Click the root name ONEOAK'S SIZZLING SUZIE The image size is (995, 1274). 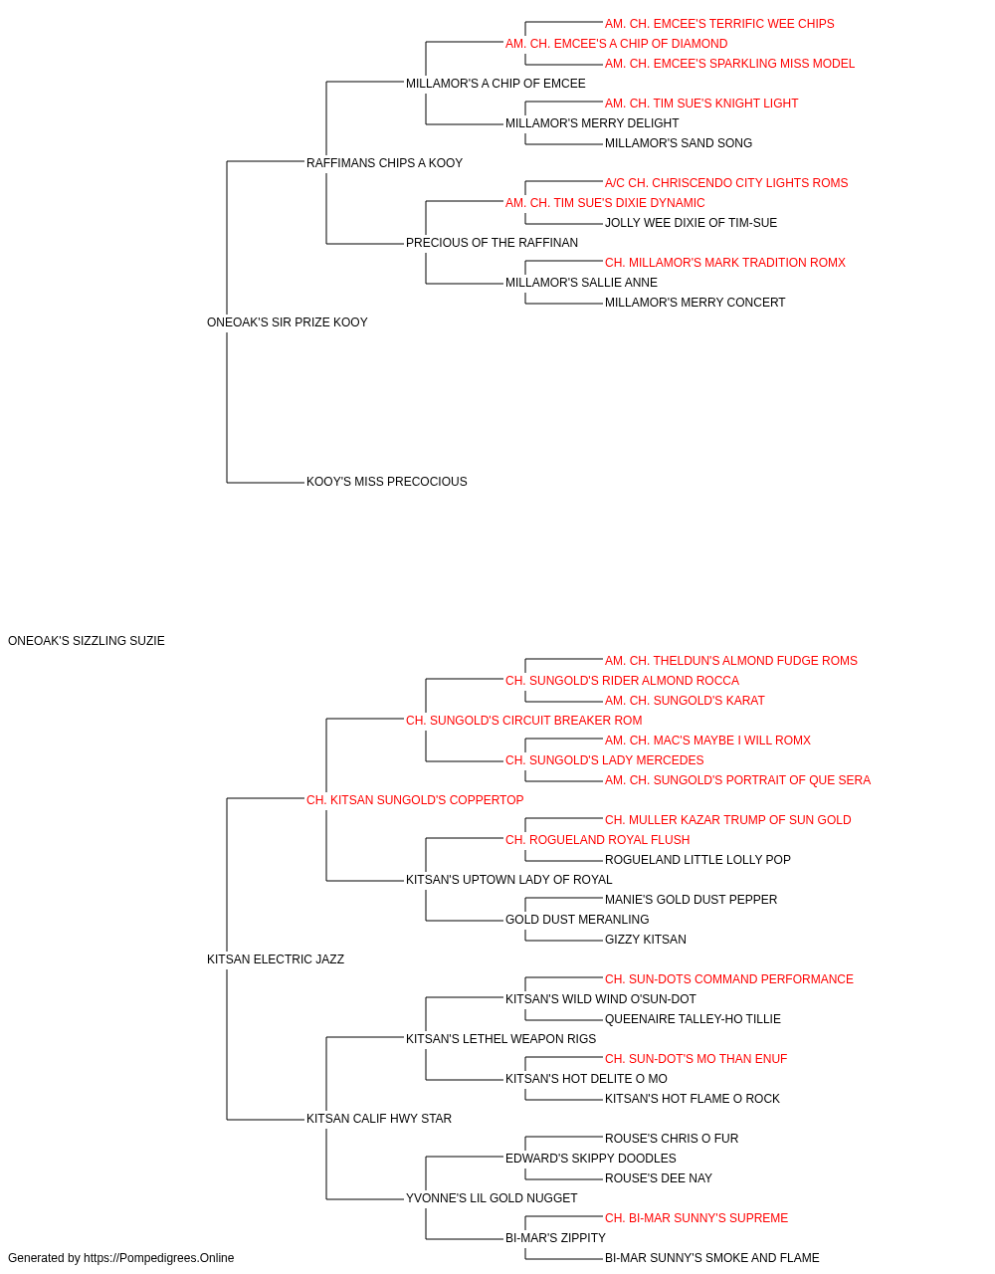[87, 641]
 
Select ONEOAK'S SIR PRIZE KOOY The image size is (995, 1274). [288, 322]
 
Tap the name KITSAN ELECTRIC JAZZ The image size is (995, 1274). [276, 959]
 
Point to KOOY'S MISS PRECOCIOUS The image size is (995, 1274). [387, 482]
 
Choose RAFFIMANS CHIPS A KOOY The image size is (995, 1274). [384, 163]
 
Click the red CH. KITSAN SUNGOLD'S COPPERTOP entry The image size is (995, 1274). [415, 800]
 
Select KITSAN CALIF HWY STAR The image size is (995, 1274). [379, 1119]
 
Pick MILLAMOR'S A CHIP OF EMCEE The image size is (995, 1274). [496, 84]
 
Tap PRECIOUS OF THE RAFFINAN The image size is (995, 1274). [493, 243]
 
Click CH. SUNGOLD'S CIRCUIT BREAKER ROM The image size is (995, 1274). [524, 721]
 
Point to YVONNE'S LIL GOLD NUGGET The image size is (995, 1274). [492, 1198]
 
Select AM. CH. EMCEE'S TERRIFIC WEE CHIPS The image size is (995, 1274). [719, 24]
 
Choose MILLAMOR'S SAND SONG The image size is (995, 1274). [679, 143]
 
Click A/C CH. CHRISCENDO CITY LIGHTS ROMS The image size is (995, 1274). [726, 183]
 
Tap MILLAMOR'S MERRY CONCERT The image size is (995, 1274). [695, 303]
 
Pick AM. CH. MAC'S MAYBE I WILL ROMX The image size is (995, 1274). [707, 741]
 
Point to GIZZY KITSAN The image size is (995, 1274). [646, 940]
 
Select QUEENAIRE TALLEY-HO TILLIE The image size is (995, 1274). [693, 1019]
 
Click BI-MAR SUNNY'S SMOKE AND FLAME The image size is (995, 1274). [712, 1258]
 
